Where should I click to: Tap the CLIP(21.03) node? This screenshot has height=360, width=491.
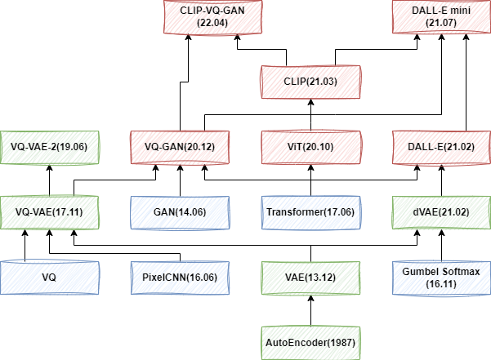(310, 82)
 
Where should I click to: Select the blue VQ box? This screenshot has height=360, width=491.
(49, 277)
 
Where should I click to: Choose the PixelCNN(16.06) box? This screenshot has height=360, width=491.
(181, 277)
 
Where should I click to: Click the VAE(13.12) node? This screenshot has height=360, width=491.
(310, 277)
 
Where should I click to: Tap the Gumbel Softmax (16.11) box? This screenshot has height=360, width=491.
(442, 277)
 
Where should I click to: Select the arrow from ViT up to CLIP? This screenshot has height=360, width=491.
(310, 114)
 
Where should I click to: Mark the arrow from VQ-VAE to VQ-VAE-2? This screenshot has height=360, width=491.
(49, 180)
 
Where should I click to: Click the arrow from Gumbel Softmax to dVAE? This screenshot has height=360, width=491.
(442, 245)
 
